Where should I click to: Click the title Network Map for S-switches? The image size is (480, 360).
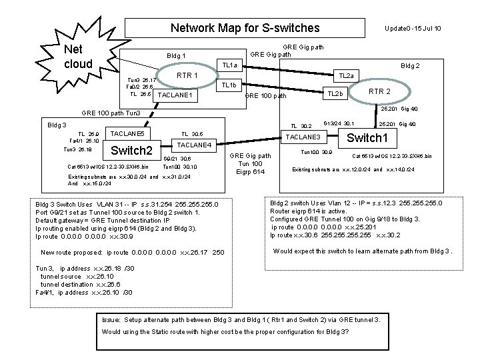coord(245,29)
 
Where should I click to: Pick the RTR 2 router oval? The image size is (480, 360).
coord(379,91)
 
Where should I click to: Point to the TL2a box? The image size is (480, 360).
coord(347,77)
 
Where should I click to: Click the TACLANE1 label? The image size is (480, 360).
coord(174,95)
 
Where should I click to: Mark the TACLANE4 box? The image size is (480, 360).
coord(195,145)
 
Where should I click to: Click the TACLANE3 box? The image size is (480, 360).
coord(303,137)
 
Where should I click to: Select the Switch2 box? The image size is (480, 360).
coord(131,149)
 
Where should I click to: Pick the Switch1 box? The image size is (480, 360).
coord(368,139)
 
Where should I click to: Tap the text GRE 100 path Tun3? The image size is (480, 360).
coord(110,113)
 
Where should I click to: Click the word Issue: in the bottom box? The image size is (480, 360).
coord(112,319)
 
